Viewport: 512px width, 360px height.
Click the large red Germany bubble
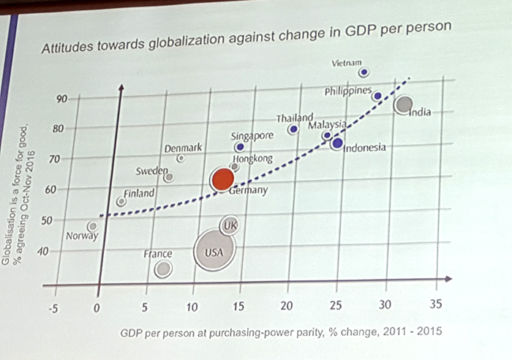pos(223,180)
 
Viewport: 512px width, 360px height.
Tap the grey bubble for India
pos(402,105)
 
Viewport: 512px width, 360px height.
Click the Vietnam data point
pos(364,72)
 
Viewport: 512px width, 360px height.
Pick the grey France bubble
pos(164,269)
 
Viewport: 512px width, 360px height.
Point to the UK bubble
pos(231,225)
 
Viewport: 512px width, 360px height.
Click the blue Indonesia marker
pos(336,143)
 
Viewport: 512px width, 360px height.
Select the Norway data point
pos(92,226)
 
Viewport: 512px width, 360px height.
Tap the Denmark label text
pos(183,148)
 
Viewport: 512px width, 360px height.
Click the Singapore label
pos(252,136)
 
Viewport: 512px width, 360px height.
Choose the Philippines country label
pos(349,91)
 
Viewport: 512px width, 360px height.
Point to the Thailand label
pos(294,119)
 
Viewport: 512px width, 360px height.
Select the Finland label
pos(138,194)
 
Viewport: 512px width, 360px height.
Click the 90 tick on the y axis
pos(61,98)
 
